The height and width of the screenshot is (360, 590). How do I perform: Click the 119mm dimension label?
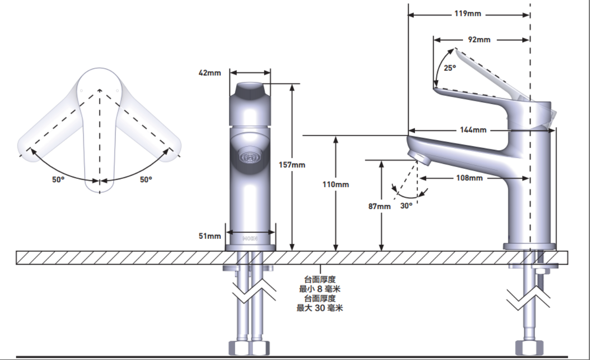(x=468, y=14)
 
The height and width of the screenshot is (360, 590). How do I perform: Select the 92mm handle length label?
(x=479, y=39)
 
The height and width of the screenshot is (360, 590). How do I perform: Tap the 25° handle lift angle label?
(x=450, y=68)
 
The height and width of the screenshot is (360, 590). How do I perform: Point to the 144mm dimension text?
(x=473, y=130)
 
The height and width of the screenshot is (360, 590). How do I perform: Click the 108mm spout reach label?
(x=469, y=178)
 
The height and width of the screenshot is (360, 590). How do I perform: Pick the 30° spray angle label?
(x=406, y=206)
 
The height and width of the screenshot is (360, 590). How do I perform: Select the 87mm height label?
(x=379, y=206)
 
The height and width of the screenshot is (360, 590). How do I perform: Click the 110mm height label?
(x=335, y=184)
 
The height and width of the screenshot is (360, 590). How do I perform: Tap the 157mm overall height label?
(x=292, y=165)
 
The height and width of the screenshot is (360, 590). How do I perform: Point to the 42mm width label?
(x=210, y=73)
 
